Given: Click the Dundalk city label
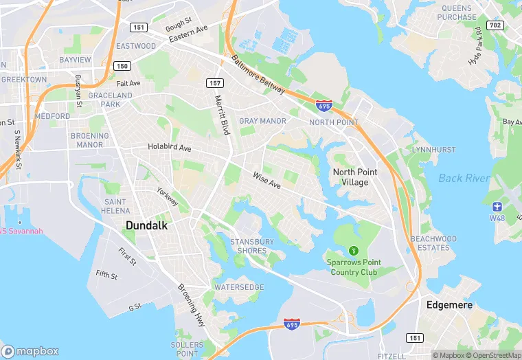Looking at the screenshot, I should point(147,225).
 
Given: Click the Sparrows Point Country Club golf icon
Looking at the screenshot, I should point(354,250).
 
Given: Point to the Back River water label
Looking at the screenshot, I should point(464,179).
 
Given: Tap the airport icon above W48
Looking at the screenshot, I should point(497,206).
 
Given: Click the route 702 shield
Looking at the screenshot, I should point(496,25).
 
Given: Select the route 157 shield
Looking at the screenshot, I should point(214,82).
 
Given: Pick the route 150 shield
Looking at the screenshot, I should point(122,66).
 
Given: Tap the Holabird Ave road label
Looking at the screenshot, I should point(170,147).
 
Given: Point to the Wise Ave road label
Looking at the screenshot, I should point(266,180).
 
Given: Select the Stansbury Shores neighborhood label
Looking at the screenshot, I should point(252,246).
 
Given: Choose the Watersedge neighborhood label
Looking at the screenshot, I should point(238,287).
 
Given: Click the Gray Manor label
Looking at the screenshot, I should point(262,121).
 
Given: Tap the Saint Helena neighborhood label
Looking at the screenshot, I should point(116,206).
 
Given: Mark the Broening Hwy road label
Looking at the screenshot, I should point(191,305).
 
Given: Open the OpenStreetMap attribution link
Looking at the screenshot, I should point(495,355).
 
